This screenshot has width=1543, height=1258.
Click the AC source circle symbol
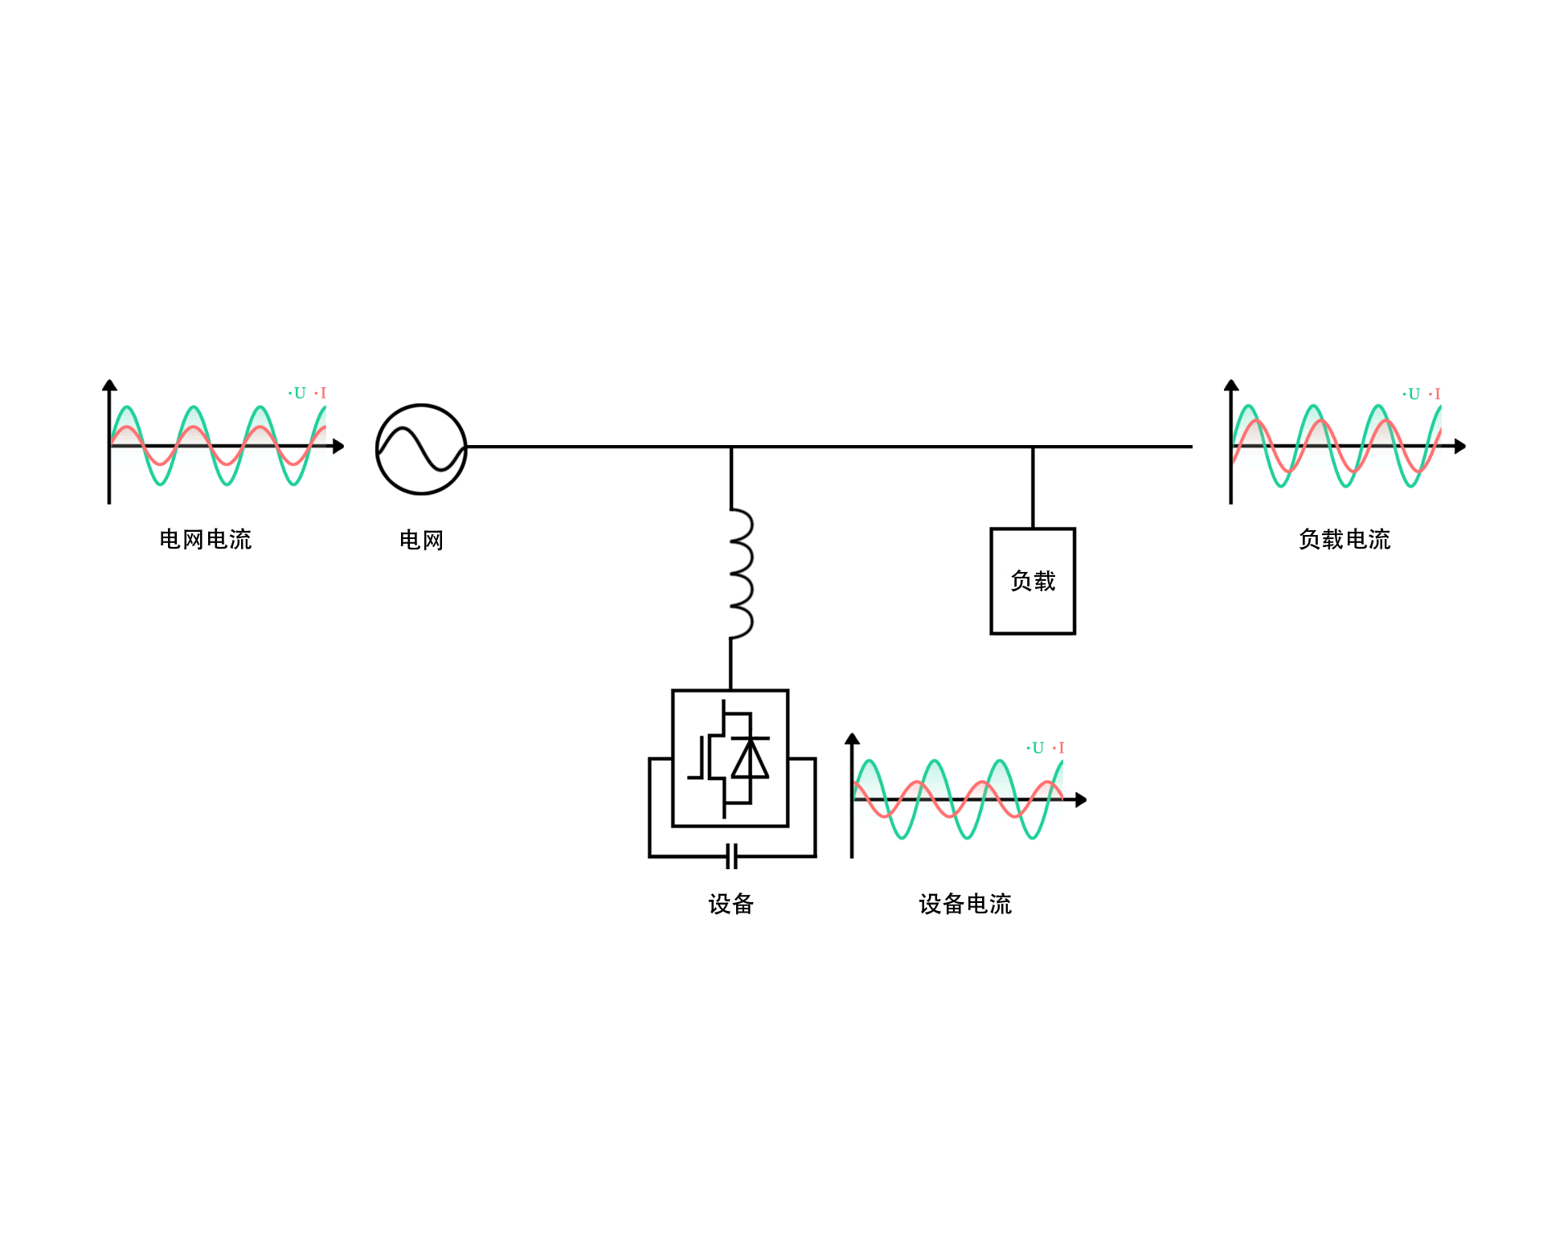421,448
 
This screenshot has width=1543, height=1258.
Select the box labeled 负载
1033,581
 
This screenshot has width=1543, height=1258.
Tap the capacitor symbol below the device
731,856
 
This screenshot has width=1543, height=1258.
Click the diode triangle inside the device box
751,759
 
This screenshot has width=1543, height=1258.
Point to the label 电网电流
206,539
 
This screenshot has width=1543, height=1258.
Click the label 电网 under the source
421,540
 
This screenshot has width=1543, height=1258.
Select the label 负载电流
1344,539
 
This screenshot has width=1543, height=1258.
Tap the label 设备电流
965,904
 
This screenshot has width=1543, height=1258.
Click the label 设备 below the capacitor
731,904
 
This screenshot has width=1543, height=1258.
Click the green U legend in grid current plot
299,393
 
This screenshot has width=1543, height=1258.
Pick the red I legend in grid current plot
323,393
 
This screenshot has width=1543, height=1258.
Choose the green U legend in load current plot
1413,394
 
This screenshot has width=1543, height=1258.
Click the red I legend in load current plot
1437,394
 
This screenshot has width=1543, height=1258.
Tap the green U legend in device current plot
1037,748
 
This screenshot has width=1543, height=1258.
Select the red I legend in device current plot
1061,748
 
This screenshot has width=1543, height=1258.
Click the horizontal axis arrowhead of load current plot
1460,446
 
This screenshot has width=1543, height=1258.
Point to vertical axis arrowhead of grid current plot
109,386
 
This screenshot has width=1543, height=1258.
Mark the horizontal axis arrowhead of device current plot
1081,799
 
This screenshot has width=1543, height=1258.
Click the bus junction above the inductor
731,447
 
